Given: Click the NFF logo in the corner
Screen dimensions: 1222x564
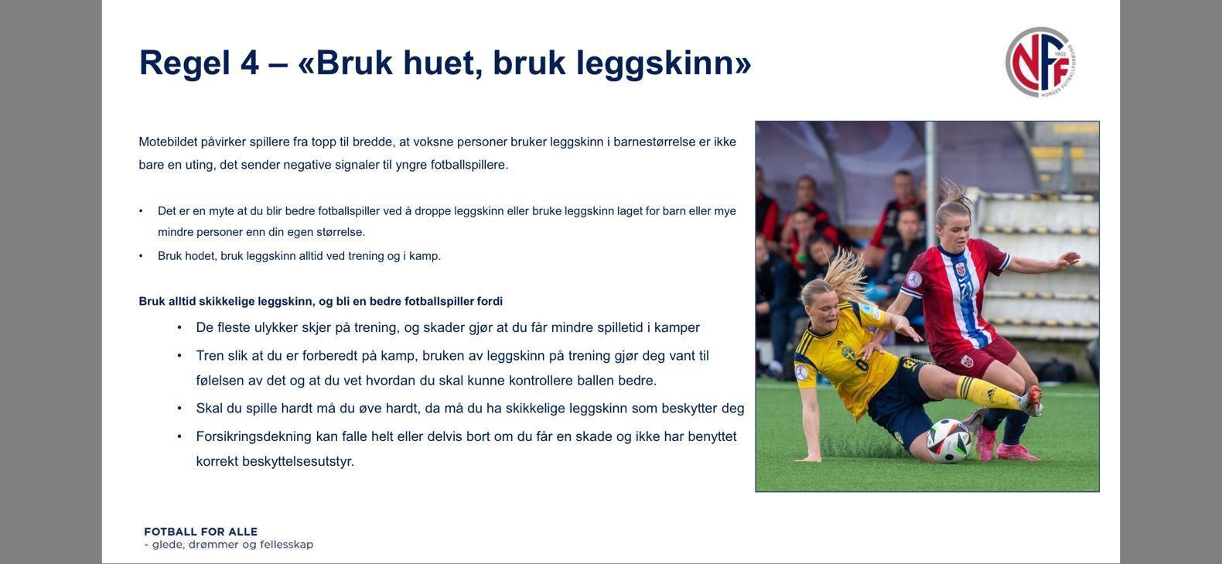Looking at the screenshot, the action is [1040, 62].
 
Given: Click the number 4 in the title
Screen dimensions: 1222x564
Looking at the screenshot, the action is [249, 63].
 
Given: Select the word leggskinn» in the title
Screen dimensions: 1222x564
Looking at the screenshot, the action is [664, 63].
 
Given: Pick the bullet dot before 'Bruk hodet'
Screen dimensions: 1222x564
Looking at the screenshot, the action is [141, 256].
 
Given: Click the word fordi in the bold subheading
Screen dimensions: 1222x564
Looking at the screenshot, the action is [490, 301].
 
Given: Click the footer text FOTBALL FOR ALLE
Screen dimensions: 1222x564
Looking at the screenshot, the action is [201, 532].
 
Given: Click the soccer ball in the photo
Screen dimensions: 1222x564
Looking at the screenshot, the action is [949, 441].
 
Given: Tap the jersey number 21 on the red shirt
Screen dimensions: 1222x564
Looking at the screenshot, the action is [966, 289].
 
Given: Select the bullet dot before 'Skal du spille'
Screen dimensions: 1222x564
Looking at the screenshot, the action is [179, 408].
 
